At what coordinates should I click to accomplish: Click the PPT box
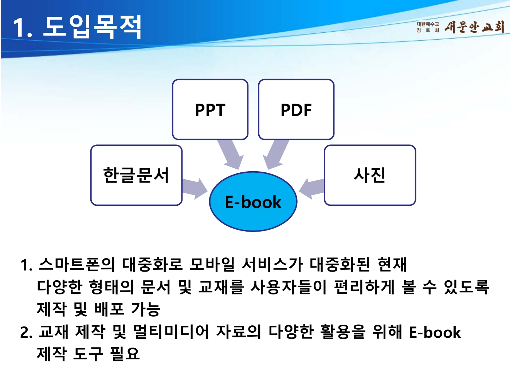tap(210, 109)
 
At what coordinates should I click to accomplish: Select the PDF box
tap(296, 109)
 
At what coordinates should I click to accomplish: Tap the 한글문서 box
tap(136, 175)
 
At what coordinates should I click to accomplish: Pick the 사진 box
tap(370, 175)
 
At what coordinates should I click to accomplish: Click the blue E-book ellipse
tap(253, 202)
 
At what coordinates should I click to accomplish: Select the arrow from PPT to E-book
tap(230, 154)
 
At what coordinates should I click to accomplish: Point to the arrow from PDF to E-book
tap(276, 154)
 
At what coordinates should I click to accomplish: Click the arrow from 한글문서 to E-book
tap(195, 188)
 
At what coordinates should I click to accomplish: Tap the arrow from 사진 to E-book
tap(312, 187)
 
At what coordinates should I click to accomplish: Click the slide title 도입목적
tap(92, 27)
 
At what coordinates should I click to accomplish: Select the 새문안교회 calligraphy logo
tap(474, 27)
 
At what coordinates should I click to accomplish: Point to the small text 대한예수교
tap(428, 24)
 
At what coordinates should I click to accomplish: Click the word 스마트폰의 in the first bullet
tap(76, 265)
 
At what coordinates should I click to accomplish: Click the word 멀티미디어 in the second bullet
tap(171, 332)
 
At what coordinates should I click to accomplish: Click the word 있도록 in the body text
tap(466, 287)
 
